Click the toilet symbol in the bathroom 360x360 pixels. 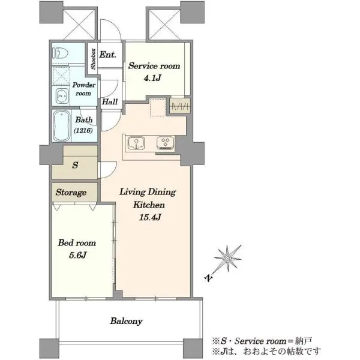coord(61,53)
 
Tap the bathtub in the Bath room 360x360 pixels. coord(62,125)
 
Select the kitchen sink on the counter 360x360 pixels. coord(136,143)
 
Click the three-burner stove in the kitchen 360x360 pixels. coord(166,143)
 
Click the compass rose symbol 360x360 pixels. coord(227,258)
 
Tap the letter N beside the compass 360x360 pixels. coord(208,278)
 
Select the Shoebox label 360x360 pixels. coord(93,59)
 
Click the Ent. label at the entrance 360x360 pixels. coord(107,55)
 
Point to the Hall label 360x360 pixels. coord(110,101)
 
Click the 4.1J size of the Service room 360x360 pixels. coord(152,78)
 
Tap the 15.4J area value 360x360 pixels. coord(149,217)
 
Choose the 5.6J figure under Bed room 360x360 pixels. coord(77,255)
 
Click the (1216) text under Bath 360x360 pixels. coord(83,130)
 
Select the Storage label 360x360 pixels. coord(71,193)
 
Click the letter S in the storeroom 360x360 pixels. coord(75,165)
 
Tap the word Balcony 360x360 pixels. coord(126,321)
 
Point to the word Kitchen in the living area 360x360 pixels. coord(149,205)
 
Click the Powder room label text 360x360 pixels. coord(83,89)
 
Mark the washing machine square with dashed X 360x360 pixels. coord(61,76)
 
